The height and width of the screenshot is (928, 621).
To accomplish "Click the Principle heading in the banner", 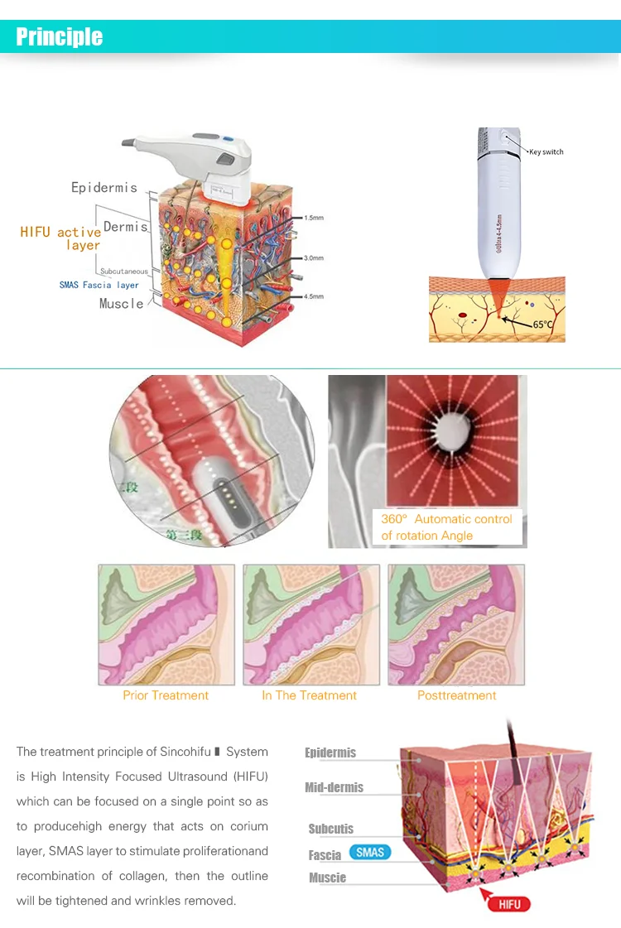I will coord(60,36).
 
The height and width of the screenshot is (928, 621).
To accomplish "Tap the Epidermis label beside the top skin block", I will coord(103,188).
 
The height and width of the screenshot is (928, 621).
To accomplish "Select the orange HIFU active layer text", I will coord(60,238).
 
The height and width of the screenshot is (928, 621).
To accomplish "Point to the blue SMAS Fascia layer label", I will coord(99,285).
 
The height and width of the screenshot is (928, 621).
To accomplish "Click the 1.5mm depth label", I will coord(313,218).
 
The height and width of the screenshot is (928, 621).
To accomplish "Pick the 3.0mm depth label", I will coord(313,257).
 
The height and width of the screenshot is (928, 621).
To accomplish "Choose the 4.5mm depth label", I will coord(313,296).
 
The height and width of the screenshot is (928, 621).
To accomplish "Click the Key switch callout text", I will coord(546,152).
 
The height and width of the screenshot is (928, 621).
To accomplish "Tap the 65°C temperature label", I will coord(543,325).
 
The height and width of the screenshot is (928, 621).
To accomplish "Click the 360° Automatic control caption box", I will coord(446,527).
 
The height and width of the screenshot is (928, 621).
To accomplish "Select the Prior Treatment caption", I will coord(166,695).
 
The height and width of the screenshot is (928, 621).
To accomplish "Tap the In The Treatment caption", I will coord(309,695).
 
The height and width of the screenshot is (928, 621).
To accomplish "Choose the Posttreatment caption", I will coord(456,695).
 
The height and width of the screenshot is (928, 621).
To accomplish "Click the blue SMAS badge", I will coord(370,853).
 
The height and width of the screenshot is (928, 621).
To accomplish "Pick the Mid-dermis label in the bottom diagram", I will coord(334,787).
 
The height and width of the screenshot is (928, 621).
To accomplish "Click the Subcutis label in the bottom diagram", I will coord(330,829).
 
